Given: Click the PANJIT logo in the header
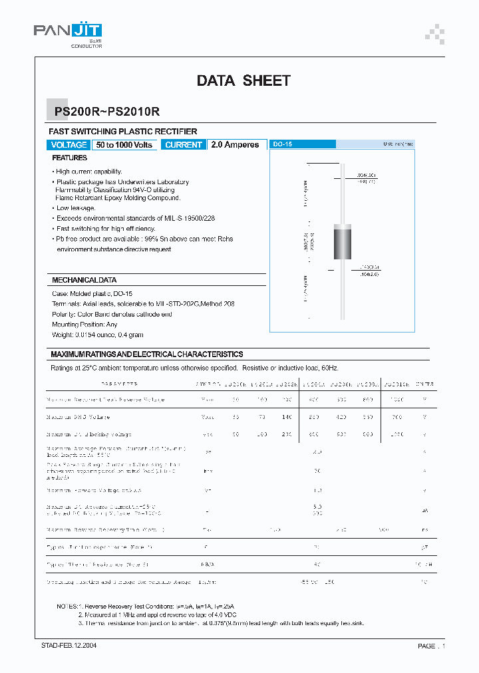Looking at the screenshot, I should [x=67, y=31].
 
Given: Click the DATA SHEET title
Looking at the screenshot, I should [x=243, y=80].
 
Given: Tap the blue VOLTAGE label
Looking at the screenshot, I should [x=69, y=145].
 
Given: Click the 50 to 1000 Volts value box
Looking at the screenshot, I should [x=124, y=145].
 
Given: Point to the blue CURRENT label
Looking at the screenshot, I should [x=183, y=145].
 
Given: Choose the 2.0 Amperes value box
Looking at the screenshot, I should [x=235, y=145].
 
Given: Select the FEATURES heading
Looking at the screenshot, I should [x=70, y=158].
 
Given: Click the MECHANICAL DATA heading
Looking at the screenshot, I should [x=84, y=280].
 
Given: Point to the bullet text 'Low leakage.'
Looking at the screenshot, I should [x=76, y=208].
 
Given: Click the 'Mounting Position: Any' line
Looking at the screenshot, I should [x=85, y=325].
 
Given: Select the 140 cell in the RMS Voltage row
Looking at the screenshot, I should [x=286, y=417].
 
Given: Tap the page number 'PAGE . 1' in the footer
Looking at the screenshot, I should [x=431, y=646].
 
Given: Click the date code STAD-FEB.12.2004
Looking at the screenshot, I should [x=65, y=646].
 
